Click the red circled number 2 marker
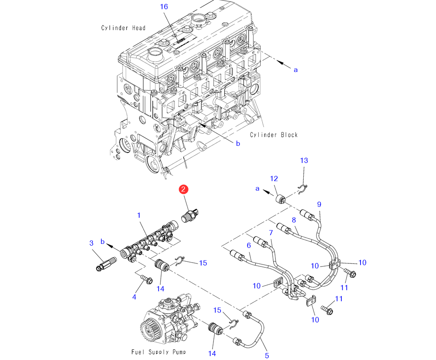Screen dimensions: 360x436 184,189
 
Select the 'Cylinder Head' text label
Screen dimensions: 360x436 124,28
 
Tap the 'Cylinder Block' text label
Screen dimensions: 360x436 274,135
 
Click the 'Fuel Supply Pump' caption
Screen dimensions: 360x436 158,351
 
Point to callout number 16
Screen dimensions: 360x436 164,7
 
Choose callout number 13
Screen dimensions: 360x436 304,160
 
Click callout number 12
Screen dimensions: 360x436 274,178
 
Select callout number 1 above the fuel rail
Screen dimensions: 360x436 139,215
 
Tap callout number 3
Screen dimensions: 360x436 92,243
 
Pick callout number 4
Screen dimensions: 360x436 134,297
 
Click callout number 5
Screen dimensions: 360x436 267,356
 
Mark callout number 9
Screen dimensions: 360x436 319,204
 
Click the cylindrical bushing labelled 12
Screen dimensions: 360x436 280,197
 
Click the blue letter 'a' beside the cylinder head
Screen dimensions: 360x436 295,69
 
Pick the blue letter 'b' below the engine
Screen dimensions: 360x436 238,143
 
